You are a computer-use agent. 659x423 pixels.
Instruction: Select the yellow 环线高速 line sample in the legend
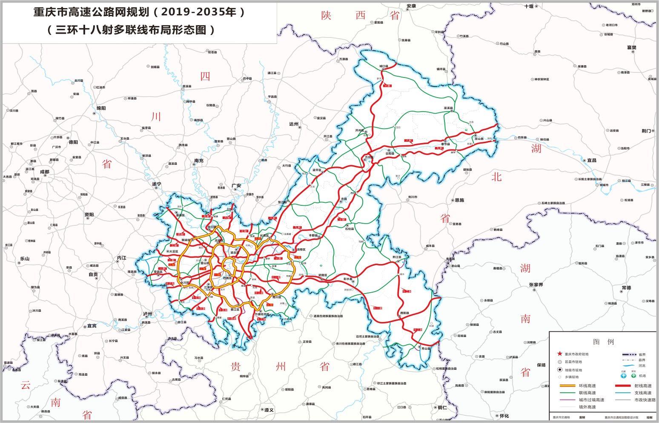pos(566,386)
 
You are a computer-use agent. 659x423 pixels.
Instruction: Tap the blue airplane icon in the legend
pos(624,376)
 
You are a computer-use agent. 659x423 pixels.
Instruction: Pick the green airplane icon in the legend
pos(633,376)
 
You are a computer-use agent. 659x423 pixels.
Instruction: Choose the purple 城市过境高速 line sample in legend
pos(566,400)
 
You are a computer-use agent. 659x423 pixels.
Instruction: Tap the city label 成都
pos(45,172)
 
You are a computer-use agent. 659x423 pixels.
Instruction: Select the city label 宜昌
pos(592,160)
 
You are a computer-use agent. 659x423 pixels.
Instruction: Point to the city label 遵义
pos(268,410)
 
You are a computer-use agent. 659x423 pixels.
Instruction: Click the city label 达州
pos(294,124)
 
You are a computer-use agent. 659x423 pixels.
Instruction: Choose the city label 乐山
pos(25,259)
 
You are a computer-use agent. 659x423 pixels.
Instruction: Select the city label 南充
pos(199,161)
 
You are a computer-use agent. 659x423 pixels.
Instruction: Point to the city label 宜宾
pos(92,326)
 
